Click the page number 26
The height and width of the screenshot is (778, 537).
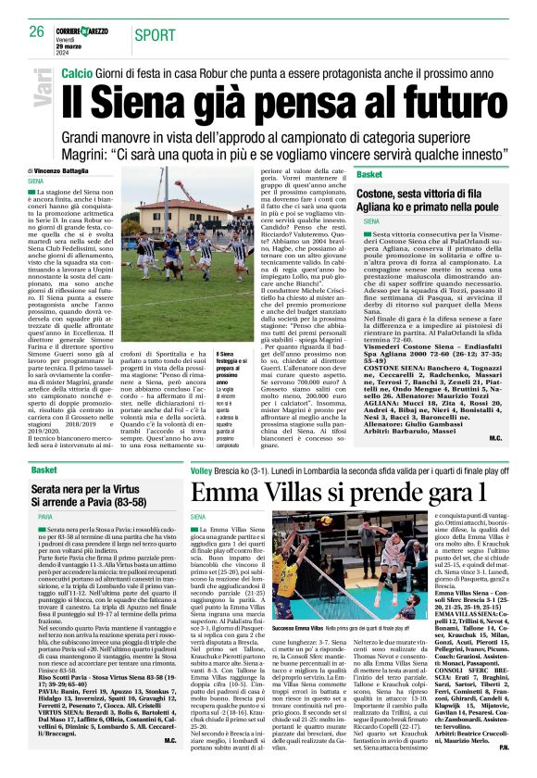pos(37,31)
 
